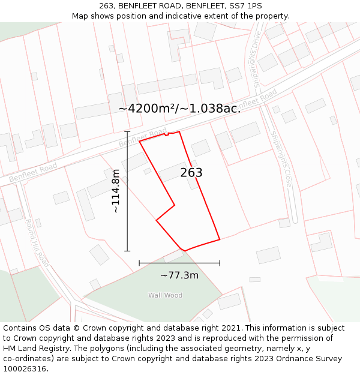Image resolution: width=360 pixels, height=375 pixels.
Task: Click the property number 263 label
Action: [x=191, y=173]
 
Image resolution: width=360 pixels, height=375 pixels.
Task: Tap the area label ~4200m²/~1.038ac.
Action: [x=179, y=109]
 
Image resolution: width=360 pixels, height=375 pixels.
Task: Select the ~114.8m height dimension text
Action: [x=116, y=191]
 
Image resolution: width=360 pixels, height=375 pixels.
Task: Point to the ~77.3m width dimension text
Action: [x=179, y=275]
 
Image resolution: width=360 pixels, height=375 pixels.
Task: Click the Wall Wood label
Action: [x=166, y=295]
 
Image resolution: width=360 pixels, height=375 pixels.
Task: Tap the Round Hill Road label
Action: [x=37, y=242]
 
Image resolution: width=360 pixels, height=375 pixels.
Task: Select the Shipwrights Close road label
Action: [x=280, y=159]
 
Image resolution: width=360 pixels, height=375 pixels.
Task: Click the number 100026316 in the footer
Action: [x=26, y=369]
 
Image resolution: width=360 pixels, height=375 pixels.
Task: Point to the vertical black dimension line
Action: [x=127, y=191]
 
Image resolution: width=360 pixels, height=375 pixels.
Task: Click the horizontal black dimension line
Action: [x=179, y=263]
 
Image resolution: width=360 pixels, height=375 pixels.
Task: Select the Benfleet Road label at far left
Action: [x=33, y=171]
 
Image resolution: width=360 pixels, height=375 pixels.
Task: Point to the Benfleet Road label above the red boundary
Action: [x=143, y=137]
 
